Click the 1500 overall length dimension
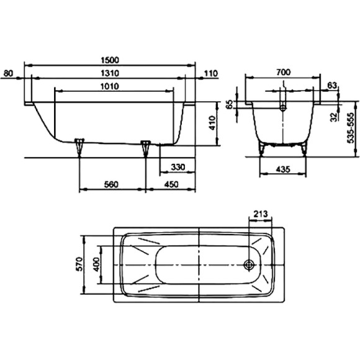[110, 60]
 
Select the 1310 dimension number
[110, 73]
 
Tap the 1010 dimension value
[110, 86]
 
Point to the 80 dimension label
[9, 73]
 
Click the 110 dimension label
[211, 73]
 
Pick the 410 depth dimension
[212, 123]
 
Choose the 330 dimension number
[178, 167]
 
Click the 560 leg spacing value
[111, 184]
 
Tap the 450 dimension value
[171, 184]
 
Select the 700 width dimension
[283, 72]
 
